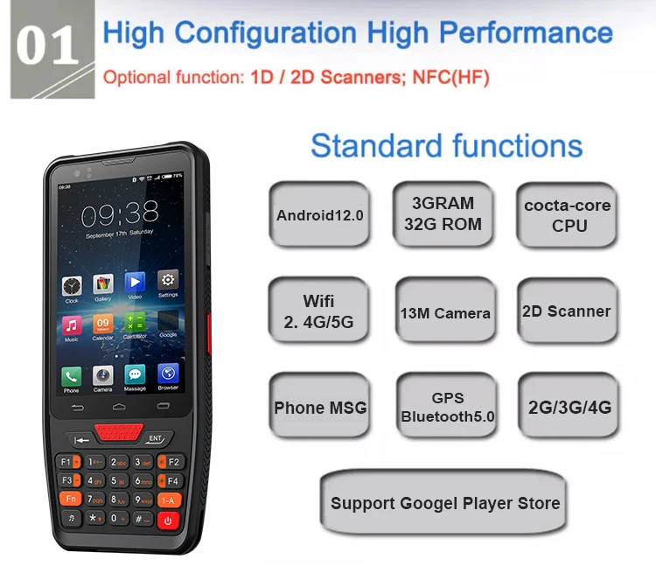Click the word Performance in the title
(525, 32)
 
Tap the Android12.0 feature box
(319, 214)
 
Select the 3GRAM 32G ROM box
(443, 213)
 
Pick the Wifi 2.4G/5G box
(319, 311)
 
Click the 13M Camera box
(444, 312)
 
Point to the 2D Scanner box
(567, 311)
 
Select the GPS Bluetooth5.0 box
(447, 407)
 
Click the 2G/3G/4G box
(569, 407)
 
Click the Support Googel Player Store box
(444, 503)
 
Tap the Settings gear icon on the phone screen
(168, 282)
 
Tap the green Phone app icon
(71, 375)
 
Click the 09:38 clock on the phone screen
(120, 212)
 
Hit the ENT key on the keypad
(156, 437)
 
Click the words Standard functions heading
(446, 145)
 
